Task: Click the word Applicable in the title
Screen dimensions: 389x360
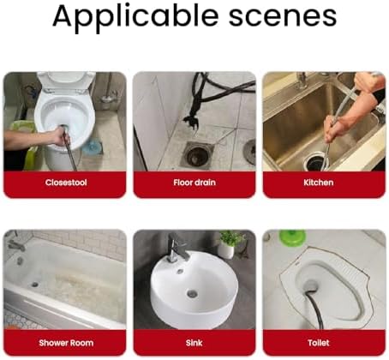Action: point(135,17)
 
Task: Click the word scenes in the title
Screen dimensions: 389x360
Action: point(283,16)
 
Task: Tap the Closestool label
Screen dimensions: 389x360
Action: point(66,183)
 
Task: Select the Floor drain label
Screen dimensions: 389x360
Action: point(194,183)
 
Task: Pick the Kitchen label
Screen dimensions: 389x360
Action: point(319,183)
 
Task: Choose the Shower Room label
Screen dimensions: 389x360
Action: point(66,343)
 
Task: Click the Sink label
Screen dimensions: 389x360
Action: point(194,343)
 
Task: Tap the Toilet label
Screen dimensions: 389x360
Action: point(319,343)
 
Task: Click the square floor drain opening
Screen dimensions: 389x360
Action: point(198,154)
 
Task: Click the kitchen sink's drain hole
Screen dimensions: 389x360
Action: point(315,162)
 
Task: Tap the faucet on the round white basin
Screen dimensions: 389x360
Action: point(177,247)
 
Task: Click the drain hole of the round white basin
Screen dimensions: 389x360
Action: point(192,293)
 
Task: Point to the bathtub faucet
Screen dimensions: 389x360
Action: point(15,245)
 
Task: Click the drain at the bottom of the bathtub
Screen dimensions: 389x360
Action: point(35,285)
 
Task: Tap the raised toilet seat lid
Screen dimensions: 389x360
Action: point(67,81)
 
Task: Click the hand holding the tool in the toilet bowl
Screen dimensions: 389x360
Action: point(61,135)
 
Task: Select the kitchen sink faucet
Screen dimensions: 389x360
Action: point(301,80)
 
